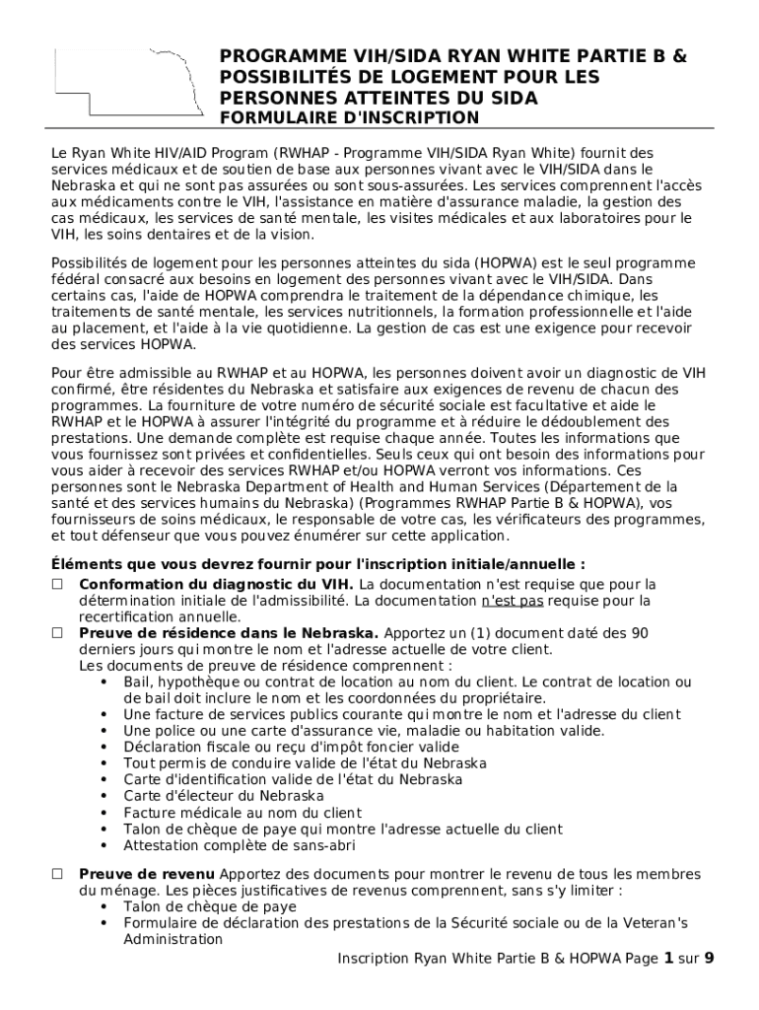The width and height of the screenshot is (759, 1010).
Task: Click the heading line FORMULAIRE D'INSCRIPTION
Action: (x=349, y=118)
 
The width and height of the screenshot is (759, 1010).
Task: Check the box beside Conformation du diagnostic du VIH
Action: (x=58, y=585)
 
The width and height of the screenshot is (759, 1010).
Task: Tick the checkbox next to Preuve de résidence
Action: (x=58, y=633)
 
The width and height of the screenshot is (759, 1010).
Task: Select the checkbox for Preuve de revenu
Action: (x=58, y=874)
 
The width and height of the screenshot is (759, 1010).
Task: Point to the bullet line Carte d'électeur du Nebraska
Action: (x=224, y=796)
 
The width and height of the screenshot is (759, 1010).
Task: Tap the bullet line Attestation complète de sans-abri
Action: (x=240, y=845)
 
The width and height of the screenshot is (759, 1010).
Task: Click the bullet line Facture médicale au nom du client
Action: (x=242, y=813)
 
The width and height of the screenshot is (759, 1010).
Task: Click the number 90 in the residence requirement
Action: (x=639, y=633)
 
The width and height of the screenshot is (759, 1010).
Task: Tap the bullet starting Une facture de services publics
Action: (x=402, y=714)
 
